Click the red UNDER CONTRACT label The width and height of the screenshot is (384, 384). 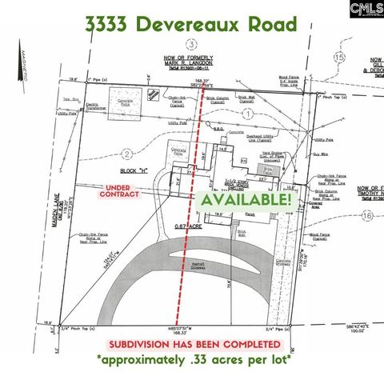click(x=118, y=190)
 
